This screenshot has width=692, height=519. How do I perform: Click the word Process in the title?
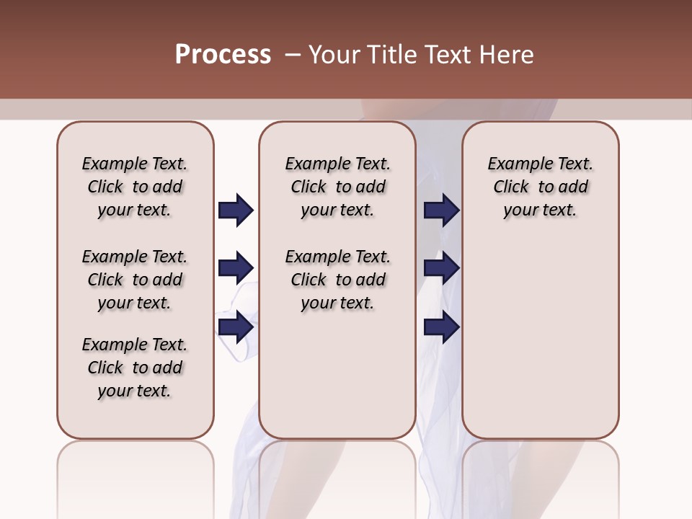[x=223, y=55]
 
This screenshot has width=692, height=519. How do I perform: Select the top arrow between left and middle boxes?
[x=236, y=210]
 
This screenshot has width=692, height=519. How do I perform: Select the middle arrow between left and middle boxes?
[x=236, y=268]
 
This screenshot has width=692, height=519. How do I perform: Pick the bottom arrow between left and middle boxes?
[x=236, y=327]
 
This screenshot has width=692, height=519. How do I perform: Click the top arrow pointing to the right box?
[x=441, y=210]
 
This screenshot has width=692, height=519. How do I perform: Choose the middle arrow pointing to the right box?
[x=441, y=268]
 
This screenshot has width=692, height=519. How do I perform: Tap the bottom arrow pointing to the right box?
[x=441, y=327]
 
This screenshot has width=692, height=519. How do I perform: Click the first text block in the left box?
[x=135, y=187]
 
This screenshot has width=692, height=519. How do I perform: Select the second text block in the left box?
[x=135, y=280]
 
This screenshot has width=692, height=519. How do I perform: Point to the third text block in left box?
[x=135, y=368]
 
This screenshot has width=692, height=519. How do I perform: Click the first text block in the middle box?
[x=337, y=187]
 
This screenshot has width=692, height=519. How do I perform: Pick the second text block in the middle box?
[x=337, y=280]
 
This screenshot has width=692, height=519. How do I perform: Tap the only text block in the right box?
[x=540, y=187]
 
